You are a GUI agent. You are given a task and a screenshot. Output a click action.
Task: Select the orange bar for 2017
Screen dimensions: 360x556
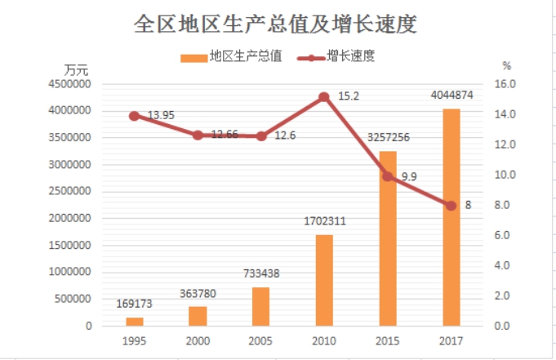click(x=451, y=217)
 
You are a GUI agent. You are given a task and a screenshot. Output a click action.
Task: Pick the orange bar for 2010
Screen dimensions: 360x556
click(x=324, y=280)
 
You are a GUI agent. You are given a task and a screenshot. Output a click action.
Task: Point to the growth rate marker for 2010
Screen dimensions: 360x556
click(x=324, y=97)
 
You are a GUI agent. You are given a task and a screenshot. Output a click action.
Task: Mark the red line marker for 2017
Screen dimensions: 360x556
click(x=451, y=206)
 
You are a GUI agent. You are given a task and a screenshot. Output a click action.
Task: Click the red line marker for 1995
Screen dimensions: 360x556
click(x=134, y=116)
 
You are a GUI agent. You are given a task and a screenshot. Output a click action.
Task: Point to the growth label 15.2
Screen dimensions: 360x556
click(x=349, y=96)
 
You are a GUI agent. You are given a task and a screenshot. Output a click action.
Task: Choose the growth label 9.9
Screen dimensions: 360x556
click(x=409, y=176)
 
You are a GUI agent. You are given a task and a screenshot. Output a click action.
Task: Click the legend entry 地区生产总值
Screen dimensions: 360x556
click(x=237, y=57)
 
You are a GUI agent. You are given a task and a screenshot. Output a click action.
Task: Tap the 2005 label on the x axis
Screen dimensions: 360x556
click(x=260, y=340)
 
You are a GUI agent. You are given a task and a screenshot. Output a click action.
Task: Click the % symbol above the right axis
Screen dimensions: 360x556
click(x=506, y=65)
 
